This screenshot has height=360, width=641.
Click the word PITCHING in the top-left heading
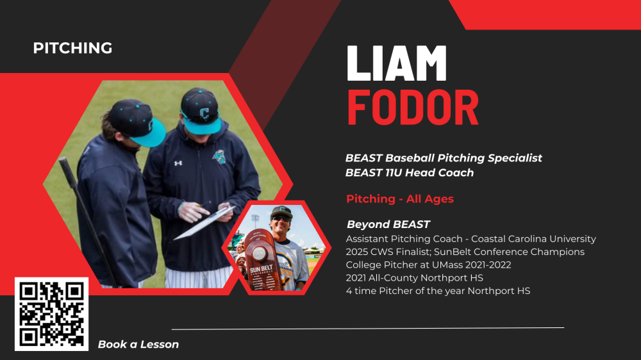[73, 48]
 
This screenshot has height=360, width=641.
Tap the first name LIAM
[397, 63]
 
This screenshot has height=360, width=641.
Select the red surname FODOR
[412, 108]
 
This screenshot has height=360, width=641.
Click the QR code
[51, 315]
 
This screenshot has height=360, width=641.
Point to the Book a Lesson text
[138, 345]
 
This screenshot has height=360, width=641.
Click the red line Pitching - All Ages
[400, 199]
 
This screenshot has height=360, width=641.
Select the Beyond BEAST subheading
[388, 224]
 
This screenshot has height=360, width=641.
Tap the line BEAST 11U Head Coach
[410, 173]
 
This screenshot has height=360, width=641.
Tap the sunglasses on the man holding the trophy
[281, 219]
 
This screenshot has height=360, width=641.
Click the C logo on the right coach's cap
[204, 113]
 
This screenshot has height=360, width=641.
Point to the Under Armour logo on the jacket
[178, 163]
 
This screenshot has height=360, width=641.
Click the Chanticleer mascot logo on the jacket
[219, 156]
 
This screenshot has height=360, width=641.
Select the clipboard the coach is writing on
[204, 222]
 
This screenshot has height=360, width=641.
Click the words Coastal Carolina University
[533, 239]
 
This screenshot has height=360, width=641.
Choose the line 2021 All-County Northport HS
[415, 278]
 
